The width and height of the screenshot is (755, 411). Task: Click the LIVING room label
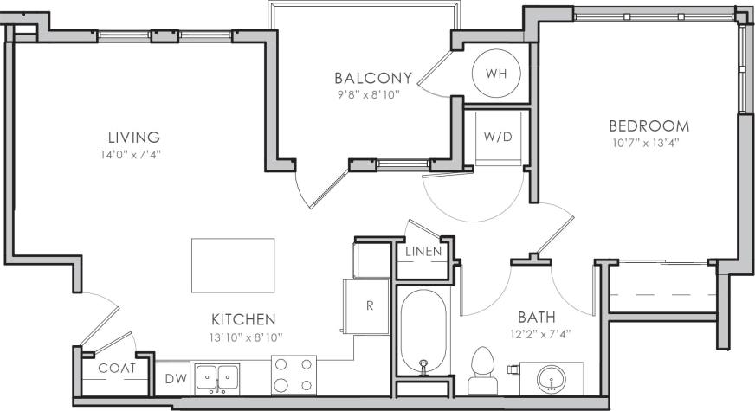pos(133,137)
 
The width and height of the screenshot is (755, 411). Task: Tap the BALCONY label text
pos(373,76)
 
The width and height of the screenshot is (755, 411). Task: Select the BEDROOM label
pos(649,126)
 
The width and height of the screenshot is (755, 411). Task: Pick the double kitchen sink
pos(216,378)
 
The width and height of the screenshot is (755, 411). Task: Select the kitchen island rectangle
pos(232,267)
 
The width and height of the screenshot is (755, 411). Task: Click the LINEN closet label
pos(423,252)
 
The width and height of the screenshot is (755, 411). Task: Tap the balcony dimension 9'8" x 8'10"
pos(373,93)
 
